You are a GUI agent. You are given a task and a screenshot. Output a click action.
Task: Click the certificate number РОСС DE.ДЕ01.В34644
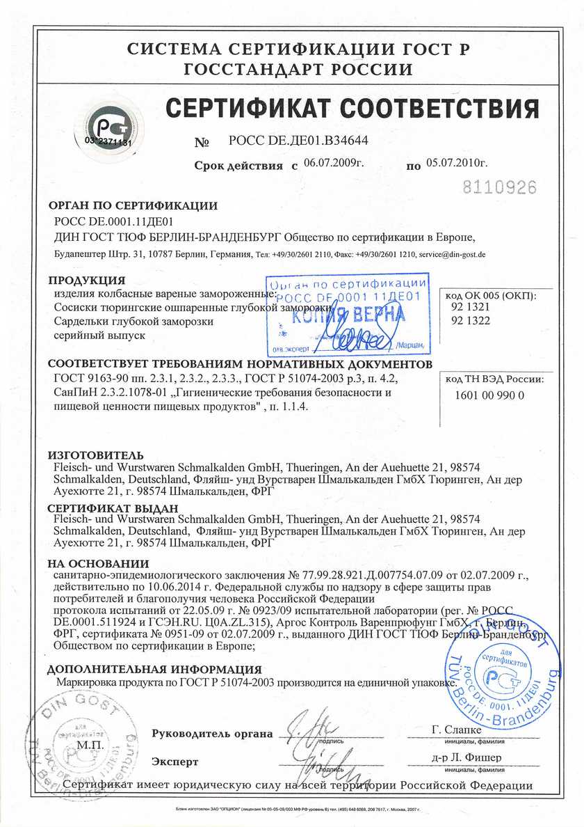click(298, 141)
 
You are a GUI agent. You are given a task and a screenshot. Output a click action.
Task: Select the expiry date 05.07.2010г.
click(457, 164)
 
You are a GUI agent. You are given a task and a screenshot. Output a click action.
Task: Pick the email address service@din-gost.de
click(452, 255)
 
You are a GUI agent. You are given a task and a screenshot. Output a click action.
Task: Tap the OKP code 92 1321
click(470, 306)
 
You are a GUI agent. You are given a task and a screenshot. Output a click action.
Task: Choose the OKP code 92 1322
click(470, 320)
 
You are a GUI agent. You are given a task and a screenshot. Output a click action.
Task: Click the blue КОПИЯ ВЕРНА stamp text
click(348, 315)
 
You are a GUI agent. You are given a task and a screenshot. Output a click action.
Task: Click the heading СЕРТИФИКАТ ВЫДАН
click(112, 509)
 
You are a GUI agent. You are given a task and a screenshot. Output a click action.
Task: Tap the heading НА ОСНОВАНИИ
click(98, 563)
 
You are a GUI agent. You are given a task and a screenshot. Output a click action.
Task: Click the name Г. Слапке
click(456, 730)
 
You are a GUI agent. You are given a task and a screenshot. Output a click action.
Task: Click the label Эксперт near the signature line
click(175, 762)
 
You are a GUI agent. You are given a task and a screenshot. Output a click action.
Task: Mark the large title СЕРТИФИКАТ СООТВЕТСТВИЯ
click(352, 109)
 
